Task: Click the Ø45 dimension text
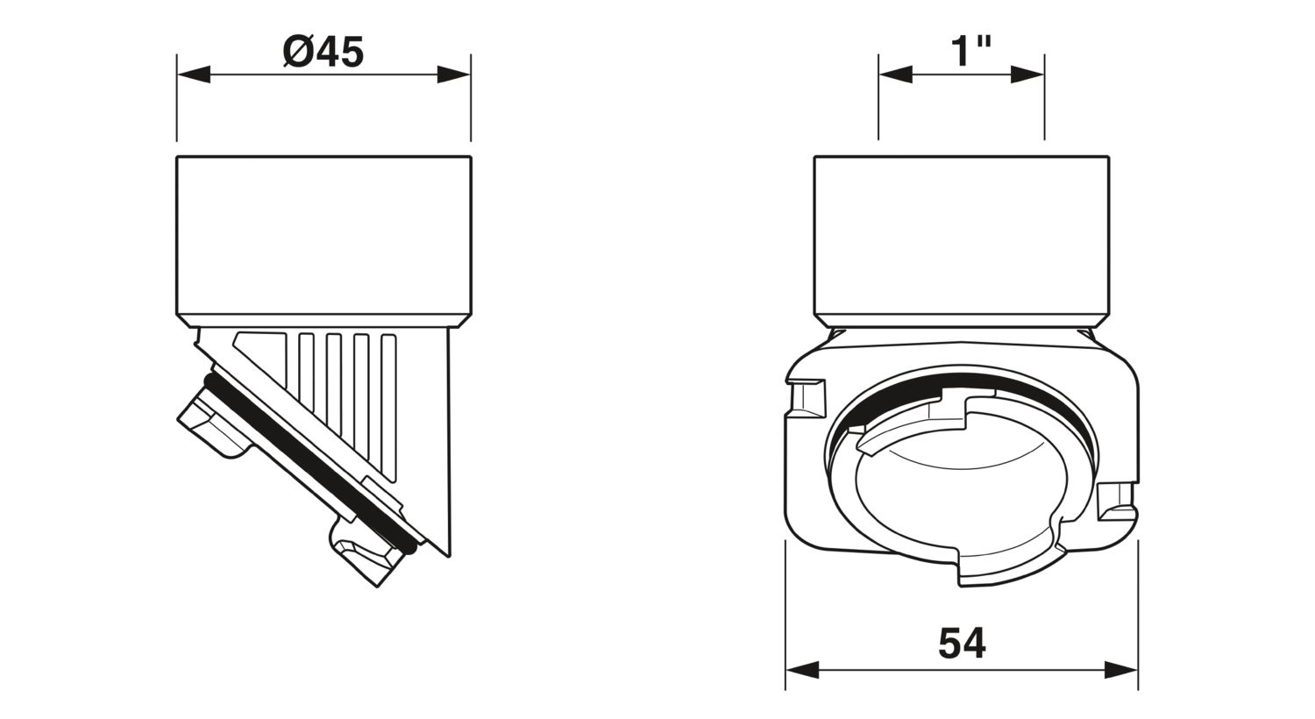pyautogui.click(x=323, y=52)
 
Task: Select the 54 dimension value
pyautogui.click(x=963, y=644)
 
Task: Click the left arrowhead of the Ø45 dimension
pyautogui.click(x=194, y=75)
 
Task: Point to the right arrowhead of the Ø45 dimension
pyautogui.click(x=454, y=75)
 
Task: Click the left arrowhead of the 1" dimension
pyautogui.click(x=895, y=75)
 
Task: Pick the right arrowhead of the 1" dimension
pyautogui.click(x=1027, y=75)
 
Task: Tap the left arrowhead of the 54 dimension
pyautogui.click(x=802, y=670)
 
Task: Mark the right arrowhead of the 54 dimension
pyautogui.click(x=1121, y=670)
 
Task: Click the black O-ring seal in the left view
pyautogui.click(x=310, y=464)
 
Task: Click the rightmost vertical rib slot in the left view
pyautogui.click(x=388, y=405)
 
